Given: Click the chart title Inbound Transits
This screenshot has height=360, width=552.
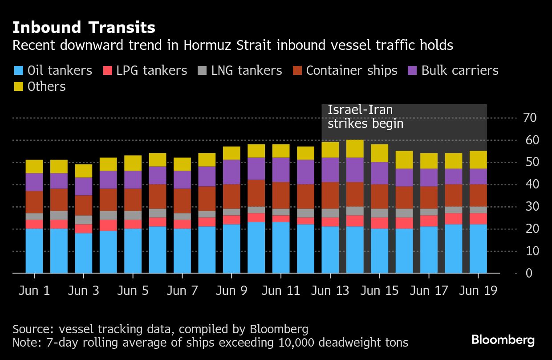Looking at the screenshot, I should (x=84, y=28).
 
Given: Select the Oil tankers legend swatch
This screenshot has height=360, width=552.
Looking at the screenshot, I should (x=18, y=70).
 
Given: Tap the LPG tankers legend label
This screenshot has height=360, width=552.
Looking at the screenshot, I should (x=152, y=70).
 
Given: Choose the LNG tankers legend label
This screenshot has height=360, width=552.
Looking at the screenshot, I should (x=247, y=70).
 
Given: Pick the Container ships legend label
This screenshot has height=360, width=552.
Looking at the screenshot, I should (x=352, y=70).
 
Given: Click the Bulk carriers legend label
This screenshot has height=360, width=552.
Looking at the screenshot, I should (x=460, y=70).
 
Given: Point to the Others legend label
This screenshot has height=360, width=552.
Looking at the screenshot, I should (x=46, y=86).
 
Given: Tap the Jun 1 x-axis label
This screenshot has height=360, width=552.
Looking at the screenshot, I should (x=34, y=291).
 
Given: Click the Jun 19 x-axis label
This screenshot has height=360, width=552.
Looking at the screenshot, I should (x=478, y=291).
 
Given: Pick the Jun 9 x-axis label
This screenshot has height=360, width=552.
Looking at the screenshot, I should (x=231, y=291).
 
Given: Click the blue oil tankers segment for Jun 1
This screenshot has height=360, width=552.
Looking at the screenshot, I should (x=34, y=250).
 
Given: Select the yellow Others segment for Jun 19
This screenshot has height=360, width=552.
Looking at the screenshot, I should (x=478, y=160).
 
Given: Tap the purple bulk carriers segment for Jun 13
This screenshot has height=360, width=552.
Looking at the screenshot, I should (x=330, y=170).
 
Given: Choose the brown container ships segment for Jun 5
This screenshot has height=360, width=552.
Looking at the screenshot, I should (x=133, y=200).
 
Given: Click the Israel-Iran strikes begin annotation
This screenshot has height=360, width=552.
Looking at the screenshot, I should (x=365, y=117).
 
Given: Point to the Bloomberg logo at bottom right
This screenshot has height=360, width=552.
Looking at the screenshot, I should (x=503, y=340).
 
